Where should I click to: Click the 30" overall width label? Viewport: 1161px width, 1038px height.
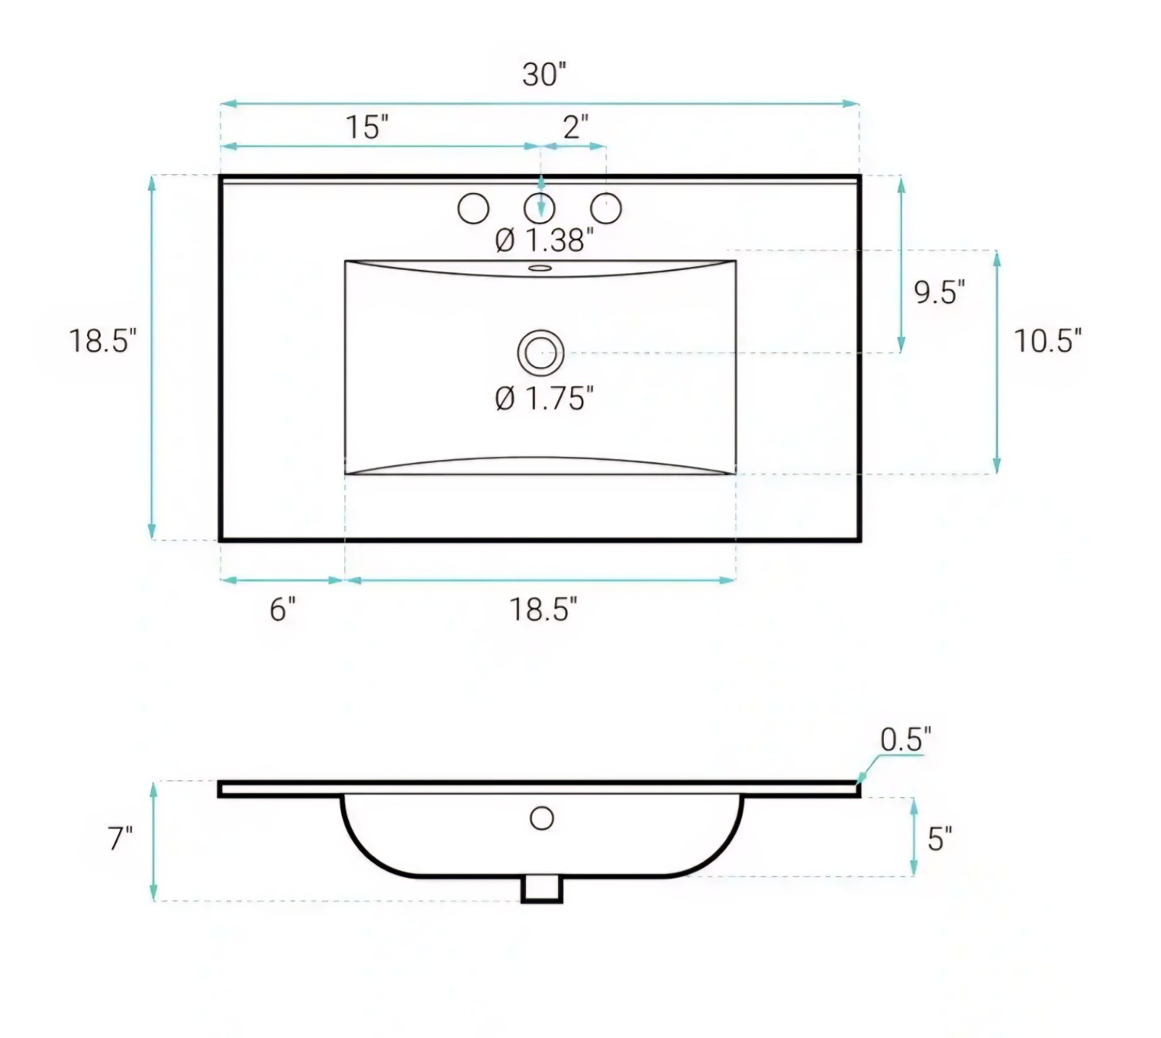tap(544, 75)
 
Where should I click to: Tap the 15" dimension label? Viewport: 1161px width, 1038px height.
tap(366, 127)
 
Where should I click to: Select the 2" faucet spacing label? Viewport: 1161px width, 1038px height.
tap(575, 127)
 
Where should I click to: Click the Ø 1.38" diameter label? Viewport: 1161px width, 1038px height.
tap(544, 240)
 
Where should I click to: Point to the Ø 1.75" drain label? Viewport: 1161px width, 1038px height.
tap(544, 398)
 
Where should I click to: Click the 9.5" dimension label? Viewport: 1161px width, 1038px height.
tap(940, 292)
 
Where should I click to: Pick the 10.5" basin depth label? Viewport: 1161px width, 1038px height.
tap(1047, 341)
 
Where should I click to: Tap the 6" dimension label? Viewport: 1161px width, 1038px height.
tap(283, 609)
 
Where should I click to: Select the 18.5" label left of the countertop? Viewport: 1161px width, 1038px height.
tap(102, 341)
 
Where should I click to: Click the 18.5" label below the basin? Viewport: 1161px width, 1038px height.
tap(543, 609)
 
